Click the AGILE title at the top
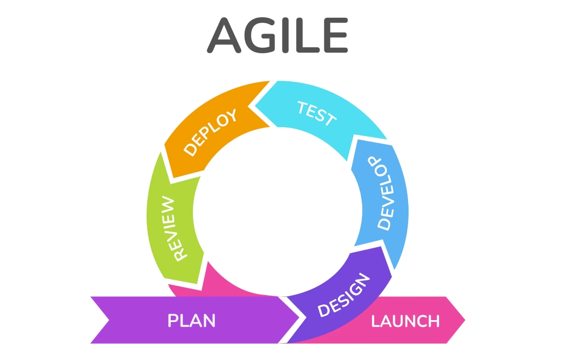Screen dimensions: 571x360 tap(278, 35)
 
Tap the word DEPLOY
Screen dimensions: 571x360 tap(210, 132)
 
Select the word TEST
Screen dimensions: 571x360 tap(317, 113)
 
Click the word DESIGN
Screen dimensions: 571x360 tap(344, 295)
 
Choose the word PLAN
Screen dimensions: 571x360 tap(191, 321)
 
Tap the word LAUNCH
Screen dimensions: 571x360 tap(405, 321)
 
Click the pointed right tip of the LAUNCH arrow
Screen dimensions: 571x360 tap(464, 320)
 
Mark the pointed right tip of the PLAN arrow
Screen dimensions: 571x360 tap(299, 320)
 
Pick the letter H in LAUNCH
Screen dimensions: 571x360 tap(433, 321)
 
